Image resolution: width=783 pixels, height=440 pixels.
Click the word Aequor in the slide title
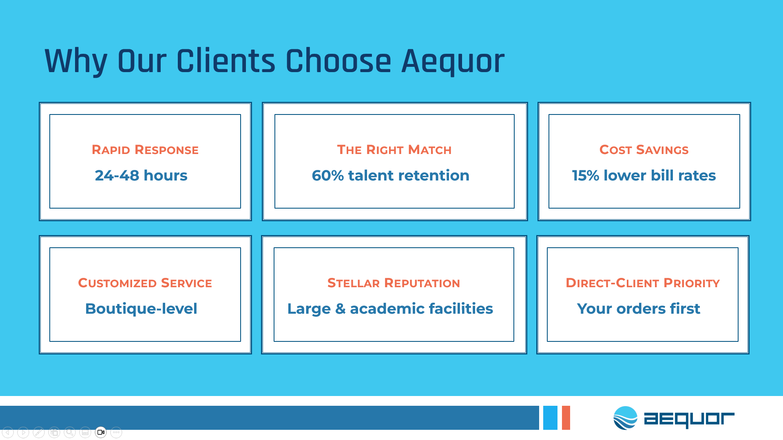pos(453,62)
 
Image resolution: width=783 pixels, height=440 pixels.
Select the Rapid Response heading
pos(145,150)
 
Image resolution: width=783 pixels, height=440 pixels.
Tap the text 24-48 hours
pos(141,176)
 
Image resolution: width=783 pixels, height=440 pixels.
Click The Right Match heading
pos(394,150)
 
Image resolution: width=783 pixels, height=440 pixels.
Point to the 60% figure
pos(328,176)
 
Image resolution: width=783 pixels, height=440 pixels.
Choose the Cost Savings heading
pos(644,150)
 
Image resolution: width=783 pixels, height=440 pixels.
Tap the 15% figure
pos(586,176)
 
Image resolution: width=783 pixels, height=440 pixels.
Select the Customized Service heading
pos(145,283)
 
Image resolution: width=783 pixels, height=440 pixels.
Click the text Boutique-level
pos(141,309)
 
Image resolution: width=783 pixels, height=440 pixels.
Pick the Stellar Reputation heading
pos(394,283)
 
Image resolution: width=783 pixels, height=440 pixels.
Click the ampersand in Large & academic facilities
pos(341,309)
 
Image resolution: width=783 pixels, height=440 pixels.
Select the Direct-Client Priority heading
pos(643,283)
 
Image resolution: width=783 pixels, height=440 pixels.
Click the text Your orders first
pos(639,309)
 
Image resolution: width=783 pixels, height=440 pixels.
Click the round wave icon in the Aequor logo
pos(625,418)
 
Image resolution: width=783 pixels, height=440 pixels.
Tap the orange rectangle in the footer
pos(566,418)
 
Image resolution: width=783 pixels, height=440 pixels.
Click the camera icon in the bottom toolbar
pos(101,432)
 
